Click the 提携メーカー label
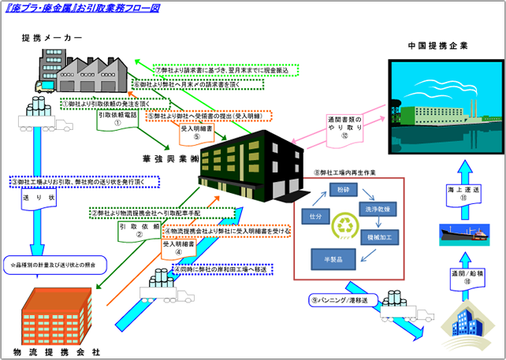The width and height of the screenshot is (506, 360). coord(52,38)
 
